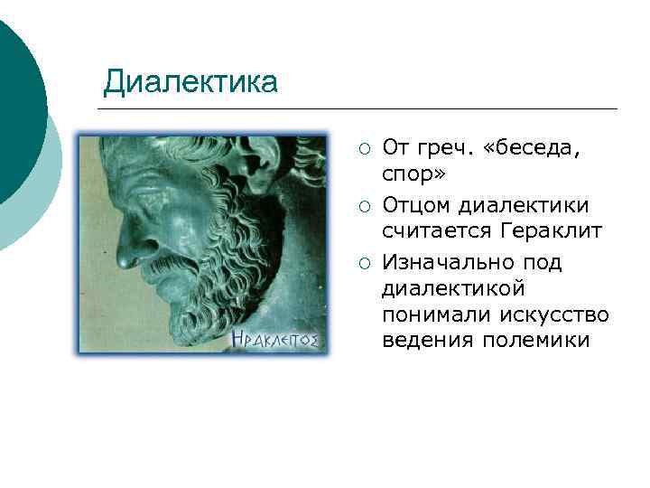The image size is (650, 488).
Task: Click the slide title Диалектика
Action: click(x=190, y=82)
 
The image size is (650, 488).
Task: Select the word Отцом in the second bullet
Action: click(x=416, y=205)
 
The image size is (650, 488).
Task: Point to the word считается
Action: click(x=435, y=230)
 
